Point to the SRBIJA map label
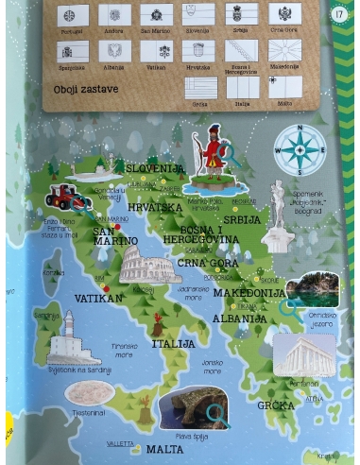coord(242,219)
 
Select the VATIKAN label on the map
coord(98,298)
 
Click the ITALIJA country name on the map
coord(173,343)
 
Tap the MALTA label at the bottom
coord(165,449)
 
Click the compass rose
coord(300,149)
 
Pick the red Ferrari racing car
coord(68,198)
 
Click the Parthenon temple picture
coord(303,356)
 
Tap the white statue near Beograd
coord(278,206)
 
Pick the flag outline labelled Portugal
coord(72,15)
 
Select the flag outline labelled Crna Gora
coord(284,15)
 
